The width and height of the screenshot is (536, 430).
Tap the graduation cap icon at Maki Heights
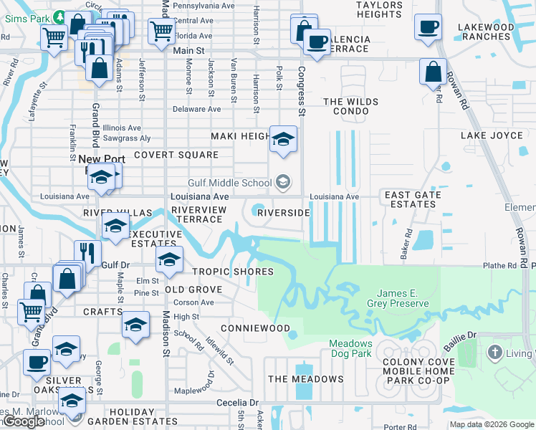(x=283, y=138)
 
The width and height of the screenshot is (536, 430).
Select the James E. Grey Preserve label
(x=403, y=298)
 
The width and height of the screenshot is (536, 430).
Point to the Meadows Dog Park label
(x=350, y=348)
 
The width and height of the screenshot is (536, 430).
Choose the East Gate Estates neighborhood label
(x=410, y=199)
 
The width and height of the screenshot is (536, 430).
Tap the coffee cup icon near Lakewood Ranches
(x=429, y=27)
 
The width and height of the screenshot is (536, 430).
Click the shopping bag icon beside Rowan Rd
(x=433, y=72)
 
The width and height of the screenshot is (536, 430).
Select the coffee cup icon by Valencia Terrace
(x=316, y=41)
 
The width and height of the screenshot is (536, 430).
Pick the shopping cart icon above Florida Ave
(x=161, y=31)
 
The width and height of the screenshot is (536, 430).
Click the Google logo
(x=24, y=421)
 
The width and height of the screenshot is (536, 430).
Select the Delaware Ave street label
(x=197, y=110)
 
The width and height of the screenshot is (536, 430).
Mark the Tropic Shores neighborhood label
(x=233, y=272)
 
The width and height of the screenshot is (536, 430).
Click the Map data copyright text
(x=491, y=424)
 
